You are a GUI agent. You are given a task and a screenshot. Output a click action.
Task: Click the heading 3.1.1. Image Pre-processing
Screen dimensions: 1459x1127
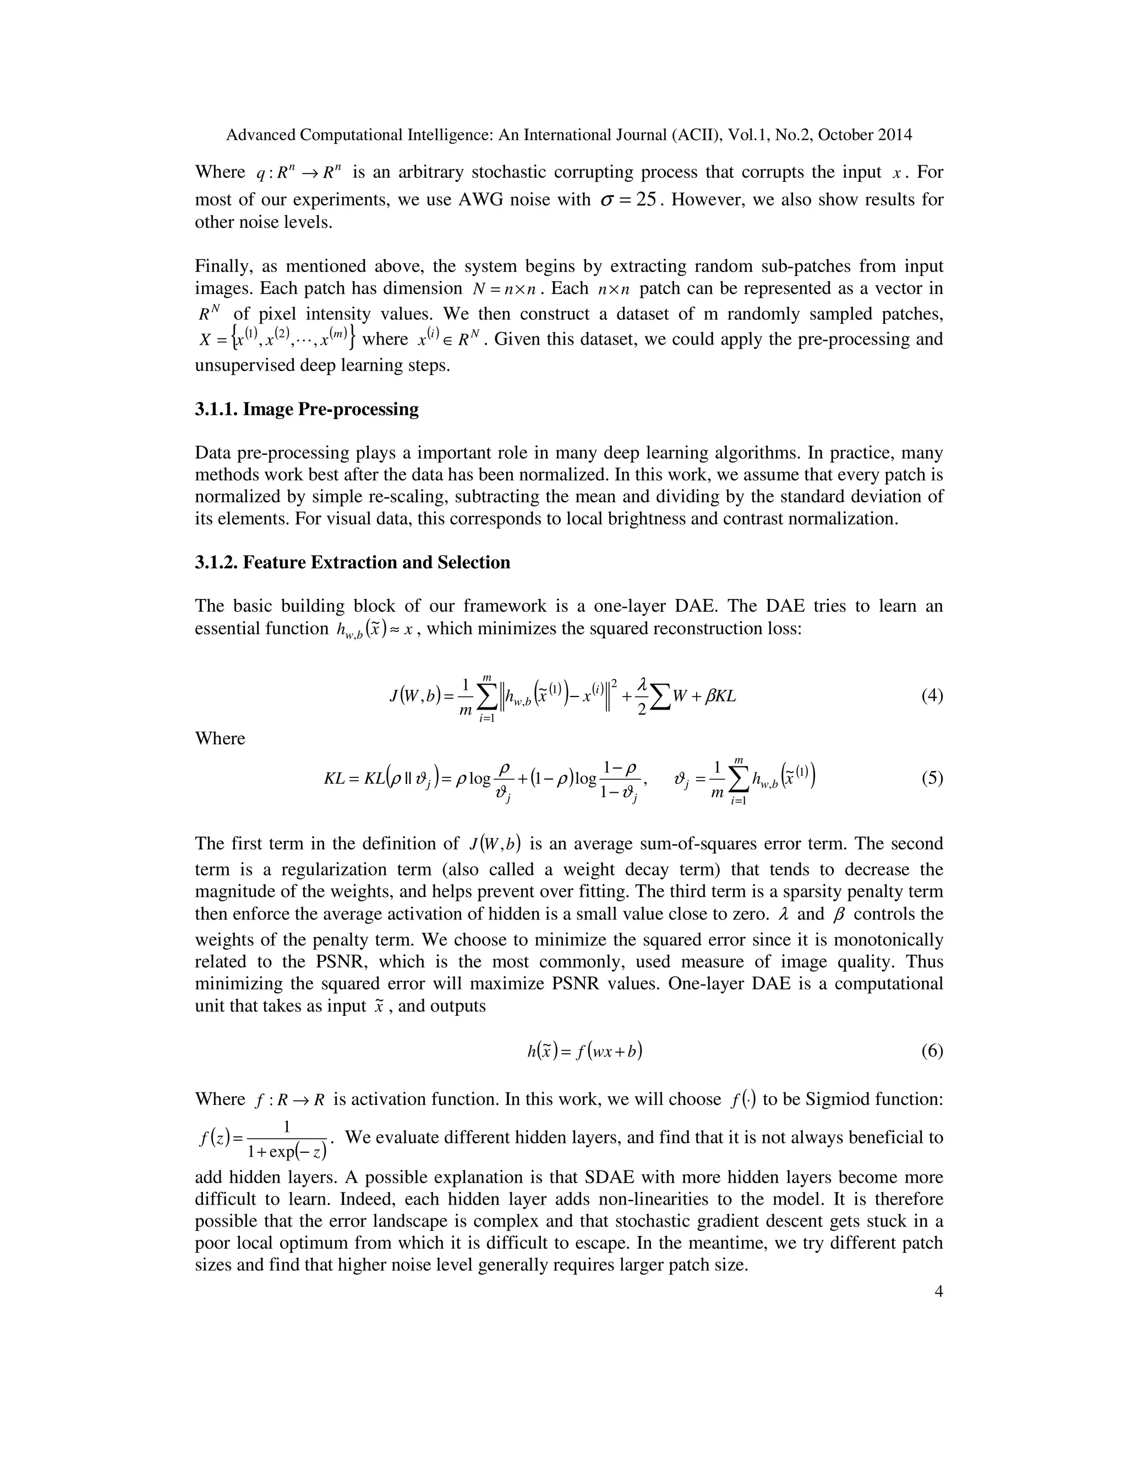click(307, 410)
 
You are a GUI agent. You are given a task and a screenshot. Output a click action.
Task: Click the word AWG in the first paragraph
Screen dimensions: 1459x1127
click(482, 200)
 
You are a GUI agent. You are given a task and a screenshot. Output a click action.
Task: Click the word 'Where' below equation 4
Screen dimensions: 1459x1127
click(220, 739)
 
